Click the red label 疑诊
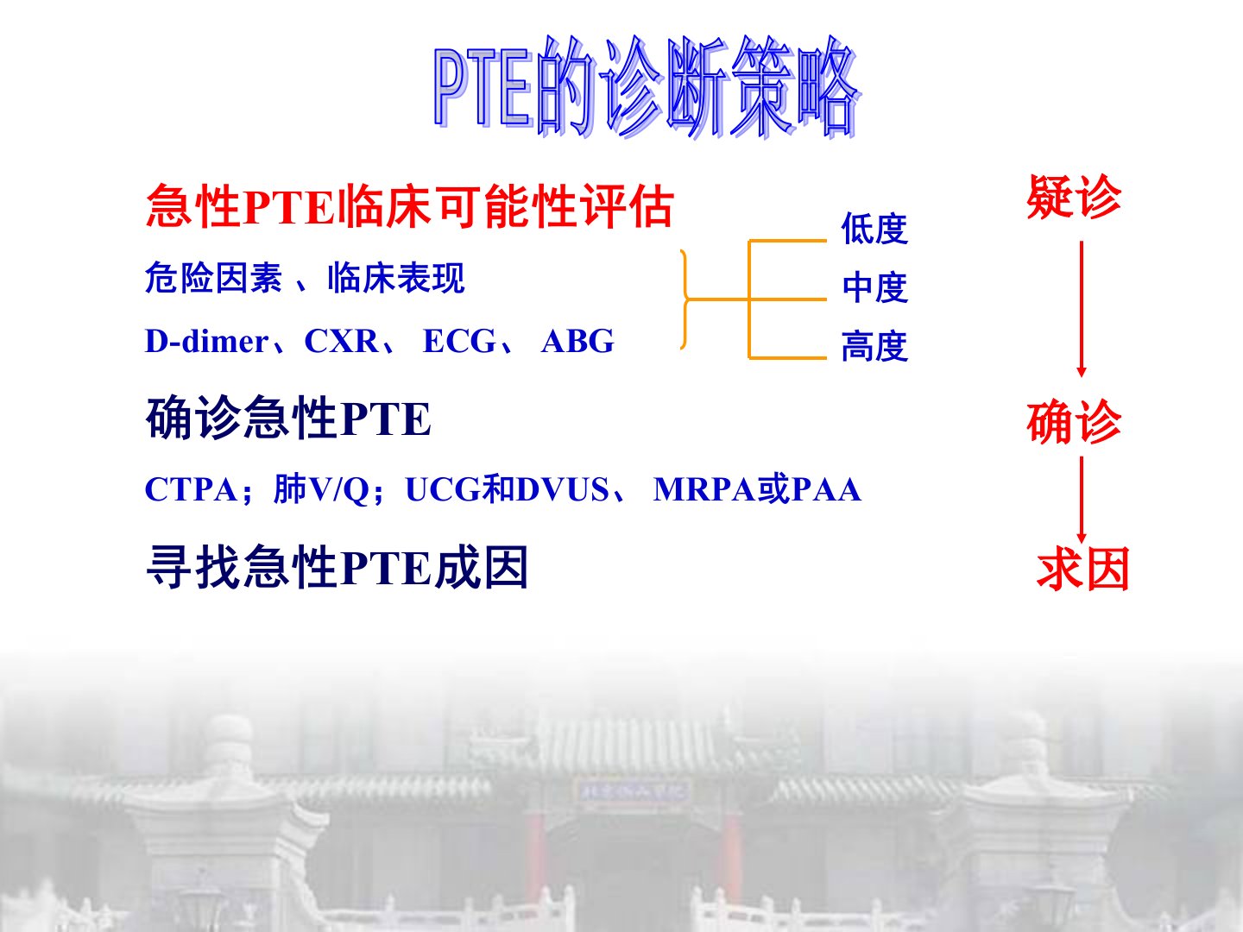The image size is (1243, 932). coord(1074,197)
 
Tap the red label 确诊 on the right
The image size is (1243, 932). coord(1074,422)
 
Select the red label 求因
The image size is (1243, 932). coord(1082,569)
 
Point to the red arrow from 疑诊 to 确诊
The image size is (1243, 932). coord(1081,309)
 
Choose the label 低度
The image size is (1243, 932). coord(875,229)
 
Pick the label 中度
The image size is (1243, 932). coord(875,287)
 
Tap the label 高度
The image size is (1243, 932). coord(875,346)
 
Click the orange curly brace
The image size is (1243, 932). coord(686,299)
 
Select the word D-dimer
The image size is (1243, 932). coord(206,341)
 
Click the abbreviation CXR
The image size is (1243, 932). coord(342,341)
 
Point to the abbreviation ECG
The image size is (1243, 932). coord(459,341)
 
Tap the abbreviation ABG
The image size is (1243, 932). coord(577,341)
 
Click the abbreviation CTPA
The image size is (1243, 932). coord(191,489)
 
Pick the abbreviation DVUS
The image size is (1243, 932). coord(562,489)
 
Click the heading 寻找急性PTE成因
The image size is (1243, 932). coord(337,568)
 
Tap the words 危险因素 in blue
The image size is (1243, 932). coord(213,278)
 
